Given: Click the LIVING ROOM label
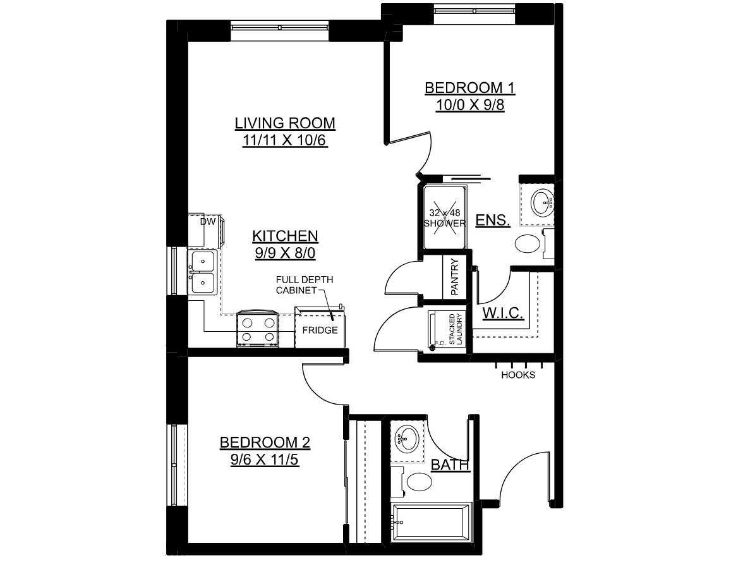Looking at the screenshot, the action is [285, 123].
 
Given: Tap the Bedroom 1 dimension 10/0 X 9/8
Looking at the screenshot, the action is [470, 105].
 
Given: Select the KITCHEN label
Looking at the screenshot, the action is [286, 236].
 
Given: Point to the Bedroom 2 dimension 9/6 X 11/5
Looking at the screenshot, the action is [264, 460].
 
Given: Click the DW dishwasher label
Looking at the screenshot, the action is [208, 222].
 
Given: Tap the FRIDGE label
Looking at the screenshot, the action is [320, 331].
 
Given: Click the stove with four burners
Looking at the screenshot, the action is [257, 329].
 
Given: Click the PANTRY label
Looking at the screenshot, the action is [455, 277].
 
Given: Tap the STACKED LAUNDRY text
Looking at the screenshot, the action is [456, 329].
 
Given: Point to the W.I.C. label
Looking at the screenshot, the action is [502, 313].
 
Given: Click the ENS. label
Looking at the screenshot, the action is [493, 220].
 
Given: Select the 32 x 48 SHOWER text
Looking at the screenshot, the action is [445, 218].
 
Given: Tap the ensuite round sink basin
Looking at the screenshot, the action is [543, 202].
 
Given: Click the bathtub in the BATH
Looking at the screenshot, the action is [432, 522].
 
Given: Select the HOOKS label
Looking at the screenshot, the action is [518, 375].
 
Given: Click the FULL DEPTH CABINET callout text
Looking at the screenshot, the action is [305, 285].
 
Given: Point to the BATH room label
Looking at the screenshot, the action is [450, 465].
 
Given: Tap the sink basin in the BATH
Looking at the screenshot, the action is [406, 439].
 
